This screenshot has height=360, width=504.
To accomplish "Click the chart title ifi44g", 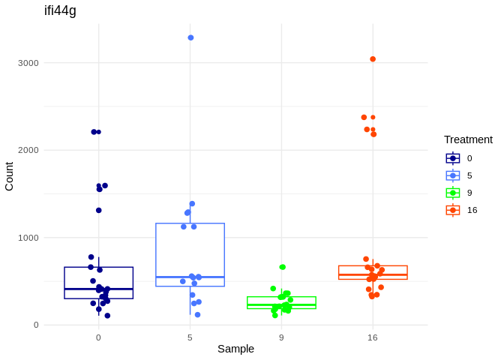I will tap(60, 10).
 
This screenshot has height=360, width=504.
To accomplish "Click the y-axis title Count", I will tap(9, 176).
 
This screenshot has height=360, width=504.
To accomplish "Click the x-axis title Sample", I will tap(235, 349).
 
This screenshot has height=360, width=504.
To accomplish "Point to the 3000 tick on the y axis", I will tap(28, 63).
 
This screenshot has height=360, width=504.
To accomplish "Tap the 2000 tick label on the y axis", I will tap(28, 150).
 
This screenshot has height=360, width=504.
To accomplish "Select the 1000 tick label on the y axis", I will tap(28, 238).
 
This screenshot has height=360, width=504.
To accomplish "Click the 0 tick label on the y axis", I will tap(35, 325).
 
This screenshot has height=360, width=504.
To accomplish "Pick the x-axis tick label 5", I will tap(190, 337).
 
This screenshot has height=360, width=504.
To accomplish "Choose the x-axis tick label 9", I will tap(281, 337).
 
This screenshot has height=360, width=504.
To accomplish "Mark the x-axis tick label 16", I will tap(373, 337).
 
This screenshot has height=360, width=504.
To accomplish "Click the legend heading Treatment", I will tap(468, 139).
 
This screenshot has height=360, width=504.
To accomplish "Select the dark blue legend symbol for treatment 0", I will tap(453, 158).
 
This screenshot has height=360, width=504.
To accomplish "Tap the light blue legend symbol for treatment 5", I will tap(453, 175).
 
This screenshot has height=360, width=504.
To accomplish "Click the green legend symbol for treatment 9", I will tap(453, 193).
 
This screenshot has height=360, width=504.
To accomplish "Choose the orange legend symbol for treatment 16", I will tap(453, 210).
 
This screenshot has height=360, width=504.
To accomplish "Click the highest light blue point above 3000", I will tap(190, 37).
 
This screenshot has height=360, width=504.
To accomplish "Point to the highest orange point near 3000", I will tap(373, 59).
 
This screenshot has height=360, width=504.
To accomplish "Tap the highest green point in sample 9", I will tap(283, 267).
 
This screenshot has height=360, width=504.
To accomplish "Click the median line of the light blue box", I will tap(190, 277).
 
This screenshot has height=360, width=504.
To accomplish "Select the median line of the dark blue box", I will tap(98, 289).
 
